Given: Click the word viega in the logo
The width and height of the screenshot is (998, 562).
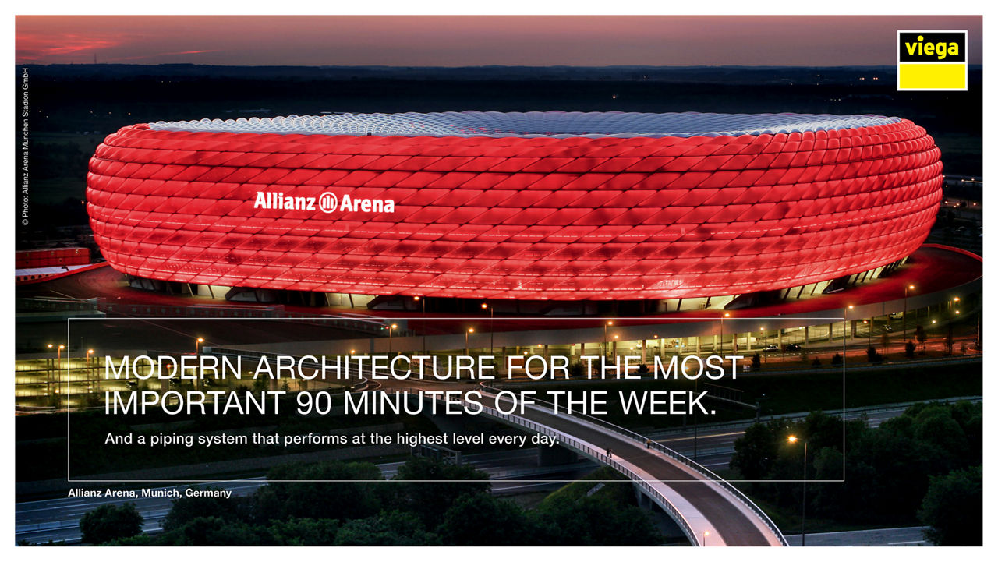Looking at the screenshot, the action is [x=932, y=48].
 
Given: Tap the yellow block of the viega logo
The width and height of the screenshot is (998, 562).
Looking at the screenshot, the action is [x=932, y=76].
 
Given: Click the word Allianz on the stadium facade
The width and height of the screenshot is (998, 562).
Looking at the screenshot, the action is [x=285, y=201].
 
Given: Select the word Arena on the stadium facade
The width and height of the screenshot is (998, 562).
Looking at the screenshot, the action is [x=367, y=204].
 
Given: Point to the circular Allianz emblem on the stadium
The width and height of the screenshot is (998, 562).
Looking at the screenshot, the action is [x=328, y=203].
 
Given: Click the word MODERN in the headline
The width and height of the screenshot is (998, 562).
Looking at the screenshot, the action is [x=173, y=368].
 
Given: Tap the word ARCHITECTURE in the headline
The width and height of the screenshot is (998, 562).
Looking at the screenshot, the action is [x=374, y=368].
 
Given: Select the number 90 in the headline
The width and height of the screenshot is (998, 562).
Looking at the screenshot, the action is [x=314, y=402].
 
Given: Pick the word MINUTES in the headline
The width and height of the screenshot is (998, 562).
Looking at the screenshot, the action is [x=413, y=402].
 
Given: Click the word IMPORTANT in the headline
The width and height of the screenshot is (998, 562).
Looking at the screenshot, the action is [x=195, y=402].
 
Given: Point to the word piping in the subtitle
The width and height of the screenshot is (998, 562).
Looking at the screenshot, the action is [x=171, y=440].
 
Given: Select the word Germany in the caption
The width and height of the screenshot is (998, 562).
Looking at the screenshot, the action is [x=208, y=493].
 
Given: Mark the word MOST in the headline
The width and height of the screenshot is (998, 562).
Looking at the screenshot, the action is [x=698, y=368].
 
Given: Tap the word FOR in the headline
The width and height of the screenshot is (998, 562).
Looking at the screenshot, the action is [x=538, y=368].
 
